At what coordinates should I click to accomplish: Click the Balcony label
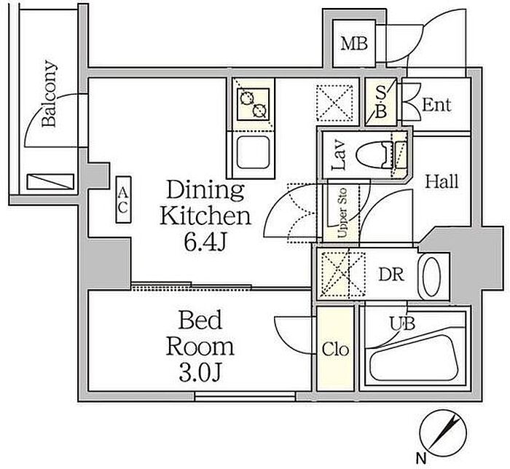coord(50,93)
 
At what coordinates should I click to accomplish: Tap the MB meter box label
coord(354,44)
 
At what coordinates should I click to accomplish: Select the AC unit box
coord(123,200)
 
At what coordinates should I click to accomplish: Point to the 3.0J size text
coord(200,372)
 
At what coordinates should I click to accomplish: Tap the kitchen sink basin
coord(253,152)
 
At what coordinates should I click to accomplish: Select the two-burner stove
coord(254,104)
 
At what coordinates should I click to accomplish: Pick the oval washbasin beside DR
coord(431,277)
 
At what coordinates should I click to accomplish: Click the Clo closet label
coord(335,350)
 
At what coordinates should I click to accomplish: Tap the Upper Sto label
coord(342,213)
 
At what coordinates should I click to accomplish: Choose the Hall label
coord(442,182)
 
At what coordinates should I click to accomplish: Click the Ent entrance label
coord(436,106)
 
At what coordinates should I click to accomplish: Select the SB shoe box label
coord(381,103)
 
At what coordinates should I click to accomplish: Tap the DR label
coord(391,275)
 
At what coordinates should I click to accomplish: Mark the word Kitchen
coord(205,216)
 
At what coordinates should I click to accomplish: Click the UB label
coord(403,324)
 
